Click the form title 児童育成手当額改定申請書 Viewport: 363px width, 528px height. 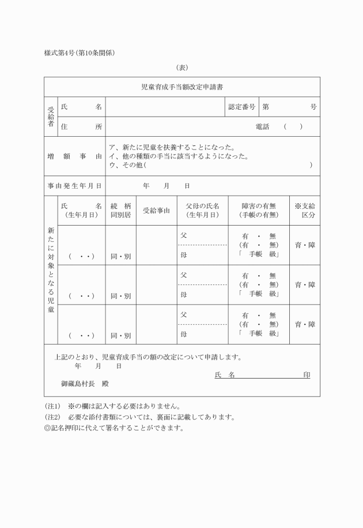pyautogui.click(x=182, y=87)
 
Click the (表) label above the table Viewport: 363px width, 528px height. pyautogui.click(x=182, y=68)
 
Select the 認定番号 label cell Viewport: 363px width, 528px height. pyautogui.click(x=241, y=107)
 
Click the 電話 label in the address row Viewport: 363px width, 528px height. pyautogui.click(x=262, y=127)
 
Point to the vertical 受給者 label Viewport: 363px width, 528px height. pyautogui.click(x=51, y=117)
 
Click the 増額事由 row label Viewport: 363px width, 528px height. pyautogui.click(x=74, y=156)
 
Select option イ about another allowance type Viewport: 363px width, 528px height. pyautogui.click(x=179, y=156)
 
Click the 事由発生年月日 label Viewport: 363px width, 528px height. pyautogui.click(x=74, y=186)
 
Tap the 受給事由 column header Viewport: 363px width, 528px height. pyautogui.click(x=156, y=211)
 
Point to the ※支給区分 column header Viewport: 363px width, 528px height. pyautogui.click(x=305, y=210)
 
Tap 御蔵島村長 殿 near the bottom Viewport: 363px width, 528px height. pyautogui.click(x=85, y=383)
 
